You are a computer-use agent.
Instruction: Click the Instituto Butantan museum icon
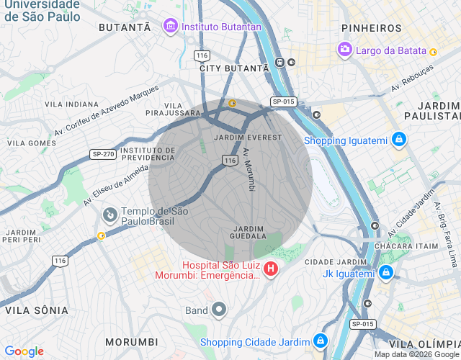point(171,27)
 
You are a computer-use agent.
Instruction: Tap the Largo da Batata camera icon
point(345,49)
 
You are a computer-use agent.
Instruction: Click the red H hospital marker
point(271,269)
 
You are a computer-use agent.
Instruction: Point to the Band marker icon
point(219,310)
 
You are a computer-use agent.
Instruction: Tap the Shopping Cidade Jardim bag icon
point(321,341)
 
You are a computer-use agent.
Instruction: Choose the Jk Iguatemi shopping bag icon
point(386,273)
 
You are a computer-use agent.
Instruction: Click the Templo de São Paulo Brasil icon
point(110,214)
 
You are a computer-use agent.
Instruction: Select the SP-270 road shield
point(103,154)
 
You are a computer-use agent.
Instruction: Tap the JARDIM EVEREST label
point(243,137)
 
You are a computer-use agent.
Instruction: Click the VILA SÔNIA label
point(37,310)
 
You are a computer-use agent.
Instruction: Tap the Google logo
point(24,351)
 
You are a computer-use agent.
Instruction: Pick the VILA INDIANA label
point(71,104)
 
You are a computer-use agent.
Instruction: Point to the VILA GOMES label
point(31,143)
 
